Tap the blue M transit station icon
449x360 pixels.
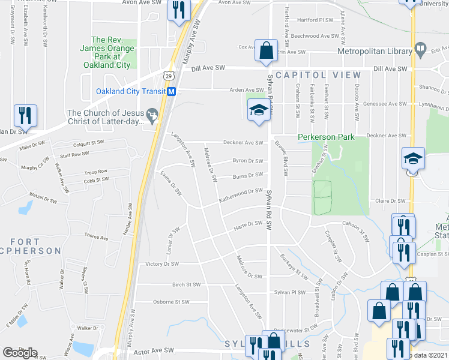pos(172,92)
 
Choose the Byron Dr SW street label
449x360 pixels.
pos(247,161)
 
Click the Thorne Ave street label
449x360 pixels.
pos(96,238)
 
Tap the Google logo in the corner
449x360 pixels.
pos(20,352)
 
